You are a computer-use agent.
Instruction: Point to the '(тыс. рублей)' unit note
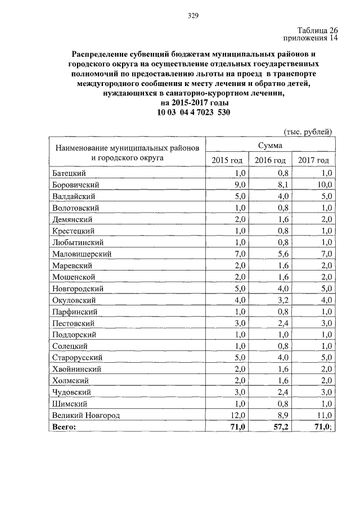308,132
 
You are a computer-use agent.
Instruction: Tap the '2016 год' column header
270,161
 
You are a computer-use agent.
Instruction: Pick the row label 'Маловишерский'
82,254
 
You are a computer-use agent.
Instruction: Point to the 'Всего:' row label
63,427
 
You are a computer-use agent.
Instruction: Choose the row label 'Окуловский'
75,300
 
